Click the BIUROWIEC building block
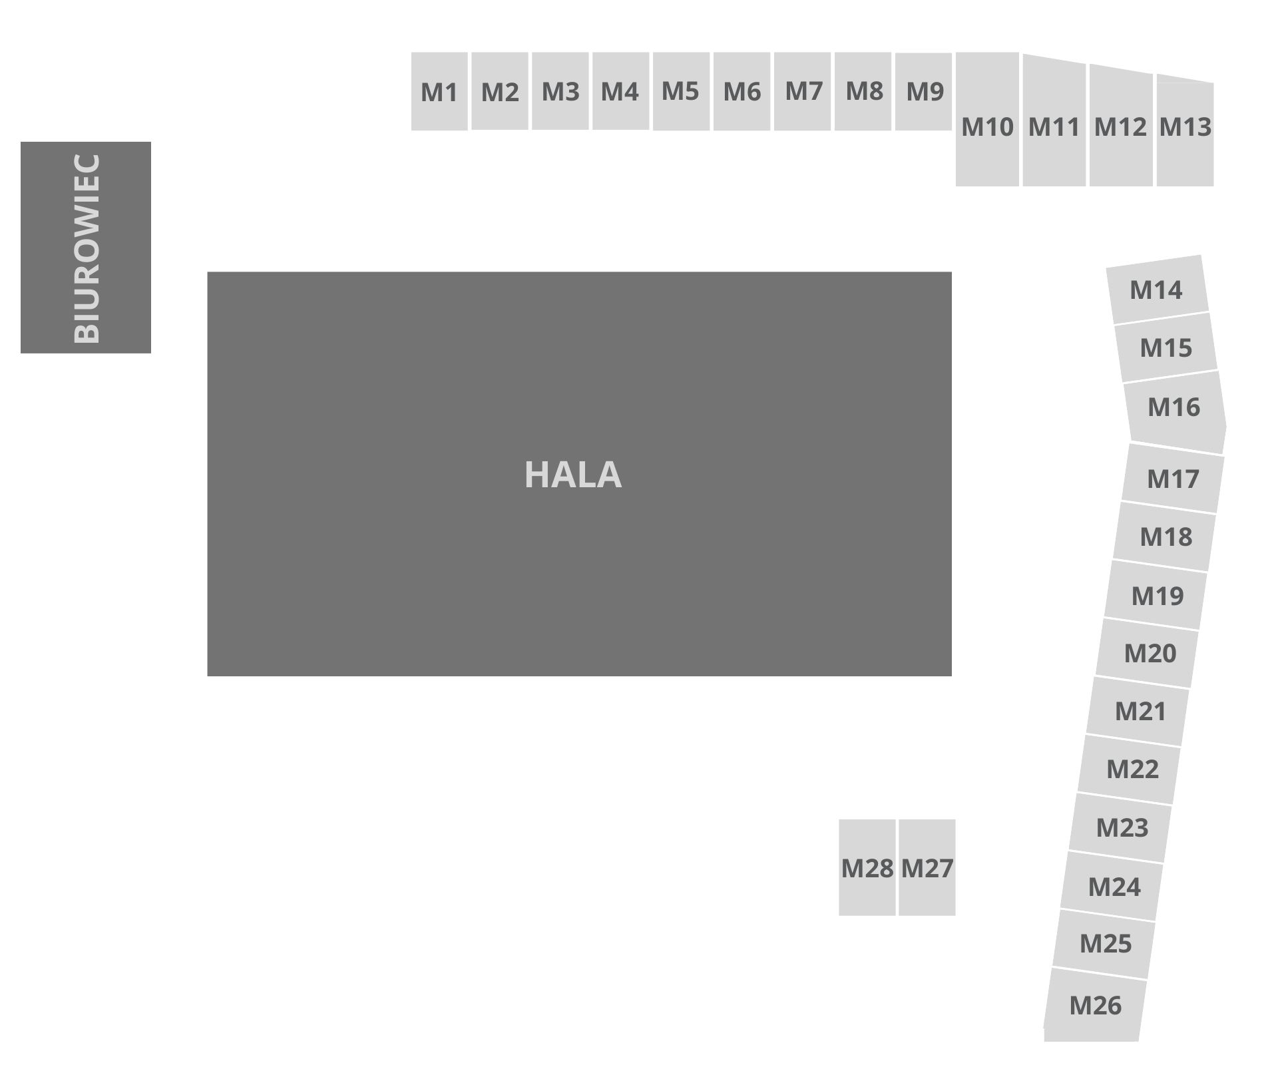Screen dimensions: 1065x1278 [85, 247]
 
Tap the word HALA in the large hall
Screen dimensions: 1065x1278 [573, 475]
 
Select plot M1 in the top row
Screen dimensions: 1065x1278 [439, 92]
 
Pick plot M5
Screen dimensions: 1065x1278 [680, 91]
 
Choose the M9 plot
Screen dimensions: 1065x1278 [924, 91]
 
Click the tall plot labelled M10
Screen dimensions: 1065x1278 [987, 126]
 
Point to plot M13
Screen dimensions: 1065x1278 [1185, 126]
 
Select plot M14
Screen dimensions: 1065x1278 [1157, 290]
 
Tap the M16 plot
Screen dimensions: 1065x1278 [1174, 407]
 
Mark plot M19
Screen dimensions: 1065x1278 [1157, 595]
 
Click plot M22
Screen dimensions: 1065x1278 [1132, 769]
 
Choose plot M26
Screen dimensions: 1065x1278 [1095, 1005]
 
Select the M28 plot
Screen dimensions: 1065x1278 [867, 867]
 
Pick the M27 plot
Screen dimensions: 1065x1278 [927, 867]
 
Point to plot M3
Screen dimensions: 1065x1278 [560, 91]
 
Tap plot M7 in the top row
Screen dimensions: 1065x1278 [803, 91]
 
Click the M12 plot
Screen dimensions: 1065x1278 [1120, 126]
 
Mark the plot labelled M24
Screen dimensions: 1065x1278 [1114, 887]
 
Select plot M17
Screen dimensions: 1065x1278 [1173, 479]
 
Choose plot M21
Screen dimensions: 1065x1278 [1140, 711]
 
